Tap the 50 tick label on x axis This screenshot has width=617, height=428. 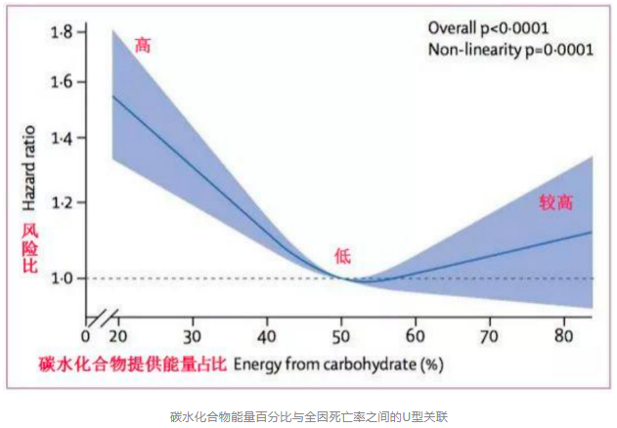pos(342,337)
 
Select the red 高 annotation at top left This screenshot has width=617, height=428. pos(143,45)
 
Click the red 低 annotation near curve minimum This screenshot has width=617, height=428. pos(342,256)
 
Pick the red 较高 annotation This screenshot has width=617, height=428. pos(555,202)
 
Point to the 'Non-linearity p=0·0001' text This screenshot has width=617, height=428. pos(509,50)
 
